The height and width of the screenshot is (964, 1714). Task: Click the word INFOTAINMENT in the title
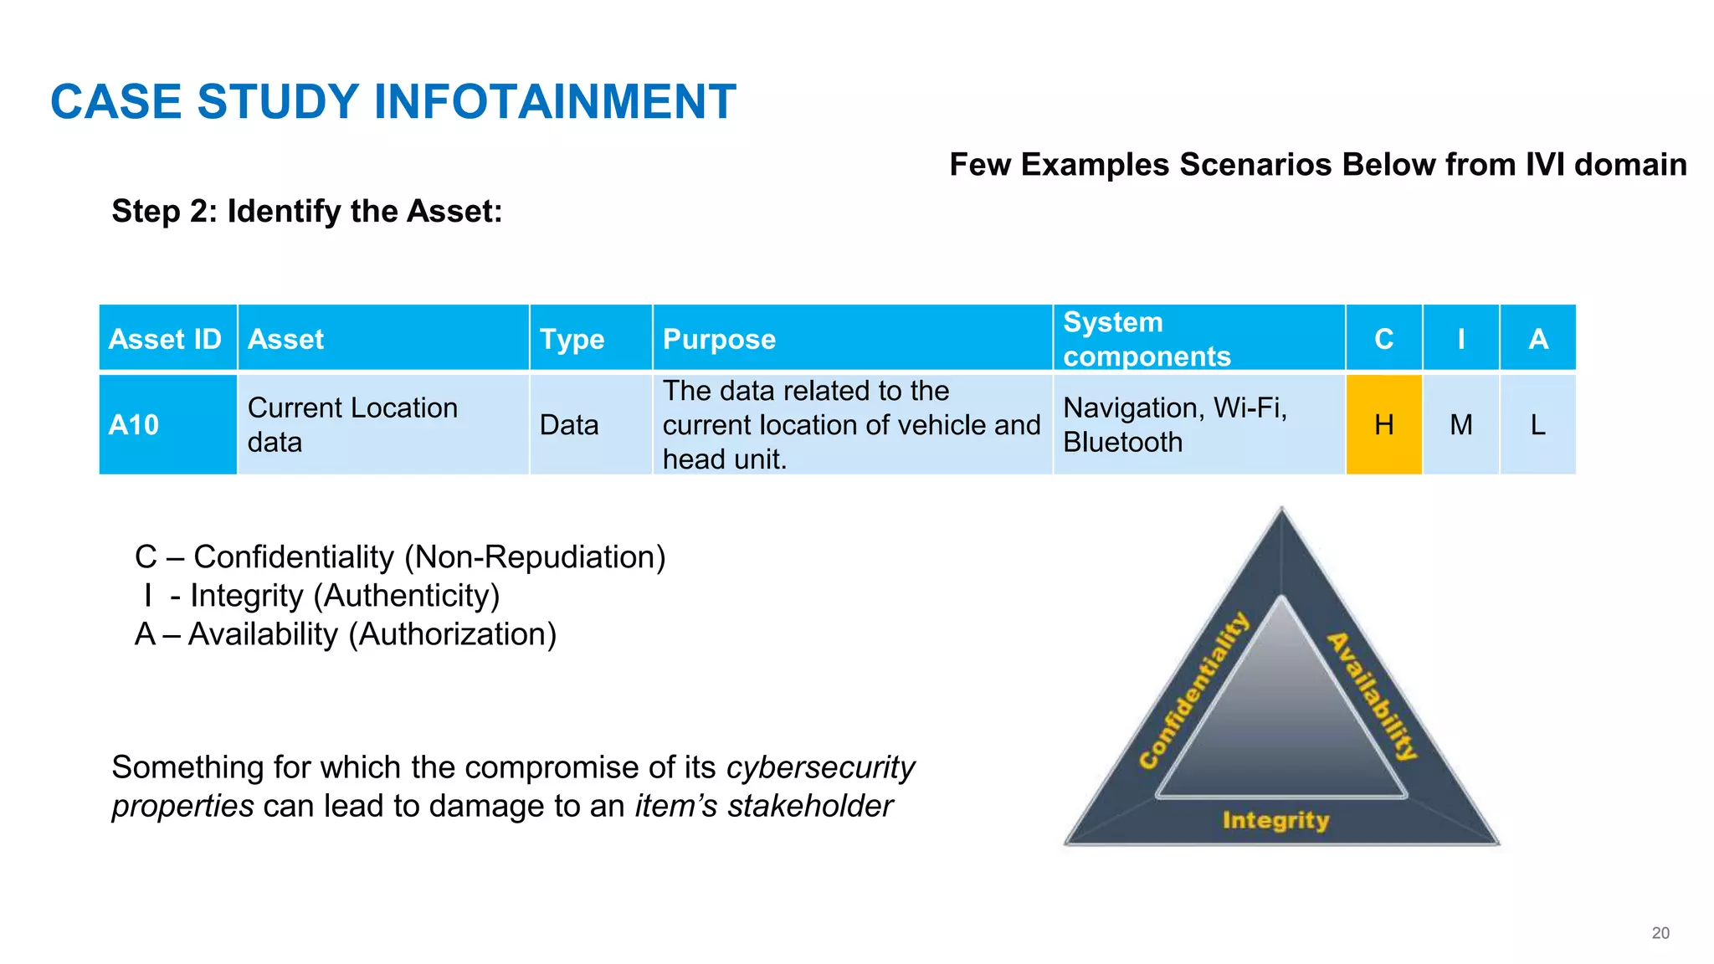click(x=554, y=102)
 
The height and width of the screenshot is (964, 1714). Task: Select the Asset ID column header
click(x=165, y=339)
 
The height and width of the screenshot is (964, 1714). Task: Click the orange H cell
click(x=1383, y=425)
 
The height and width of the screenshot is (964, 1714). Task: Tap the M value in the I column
click(x=1461, y=425)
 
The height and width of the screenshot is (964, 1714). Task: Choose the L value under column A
click(x=1537, y=425)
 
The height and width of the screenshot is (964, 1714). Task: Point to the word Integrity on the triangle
click(x=1275, y=820)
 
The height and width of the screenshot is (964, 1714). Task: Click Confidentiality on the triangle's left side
click(x=1194, y=691)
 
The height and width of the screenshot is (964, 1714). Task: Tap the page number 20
click(x=1660, y=933)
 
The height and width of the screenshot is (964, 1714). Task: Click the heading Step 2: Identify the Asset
click(x=307, y=212)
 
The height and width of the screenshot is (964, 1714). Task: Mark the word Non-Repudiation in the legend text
click(x=535, y=557)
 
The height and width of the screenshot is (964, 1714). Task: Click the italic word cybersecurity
click(x=820, y=767)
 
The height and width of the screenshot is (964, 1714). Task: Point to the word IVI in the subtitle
click(x=1544, y=165)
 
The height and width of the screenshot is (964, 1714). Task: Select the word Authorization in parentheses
click(x=452, y=634)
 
